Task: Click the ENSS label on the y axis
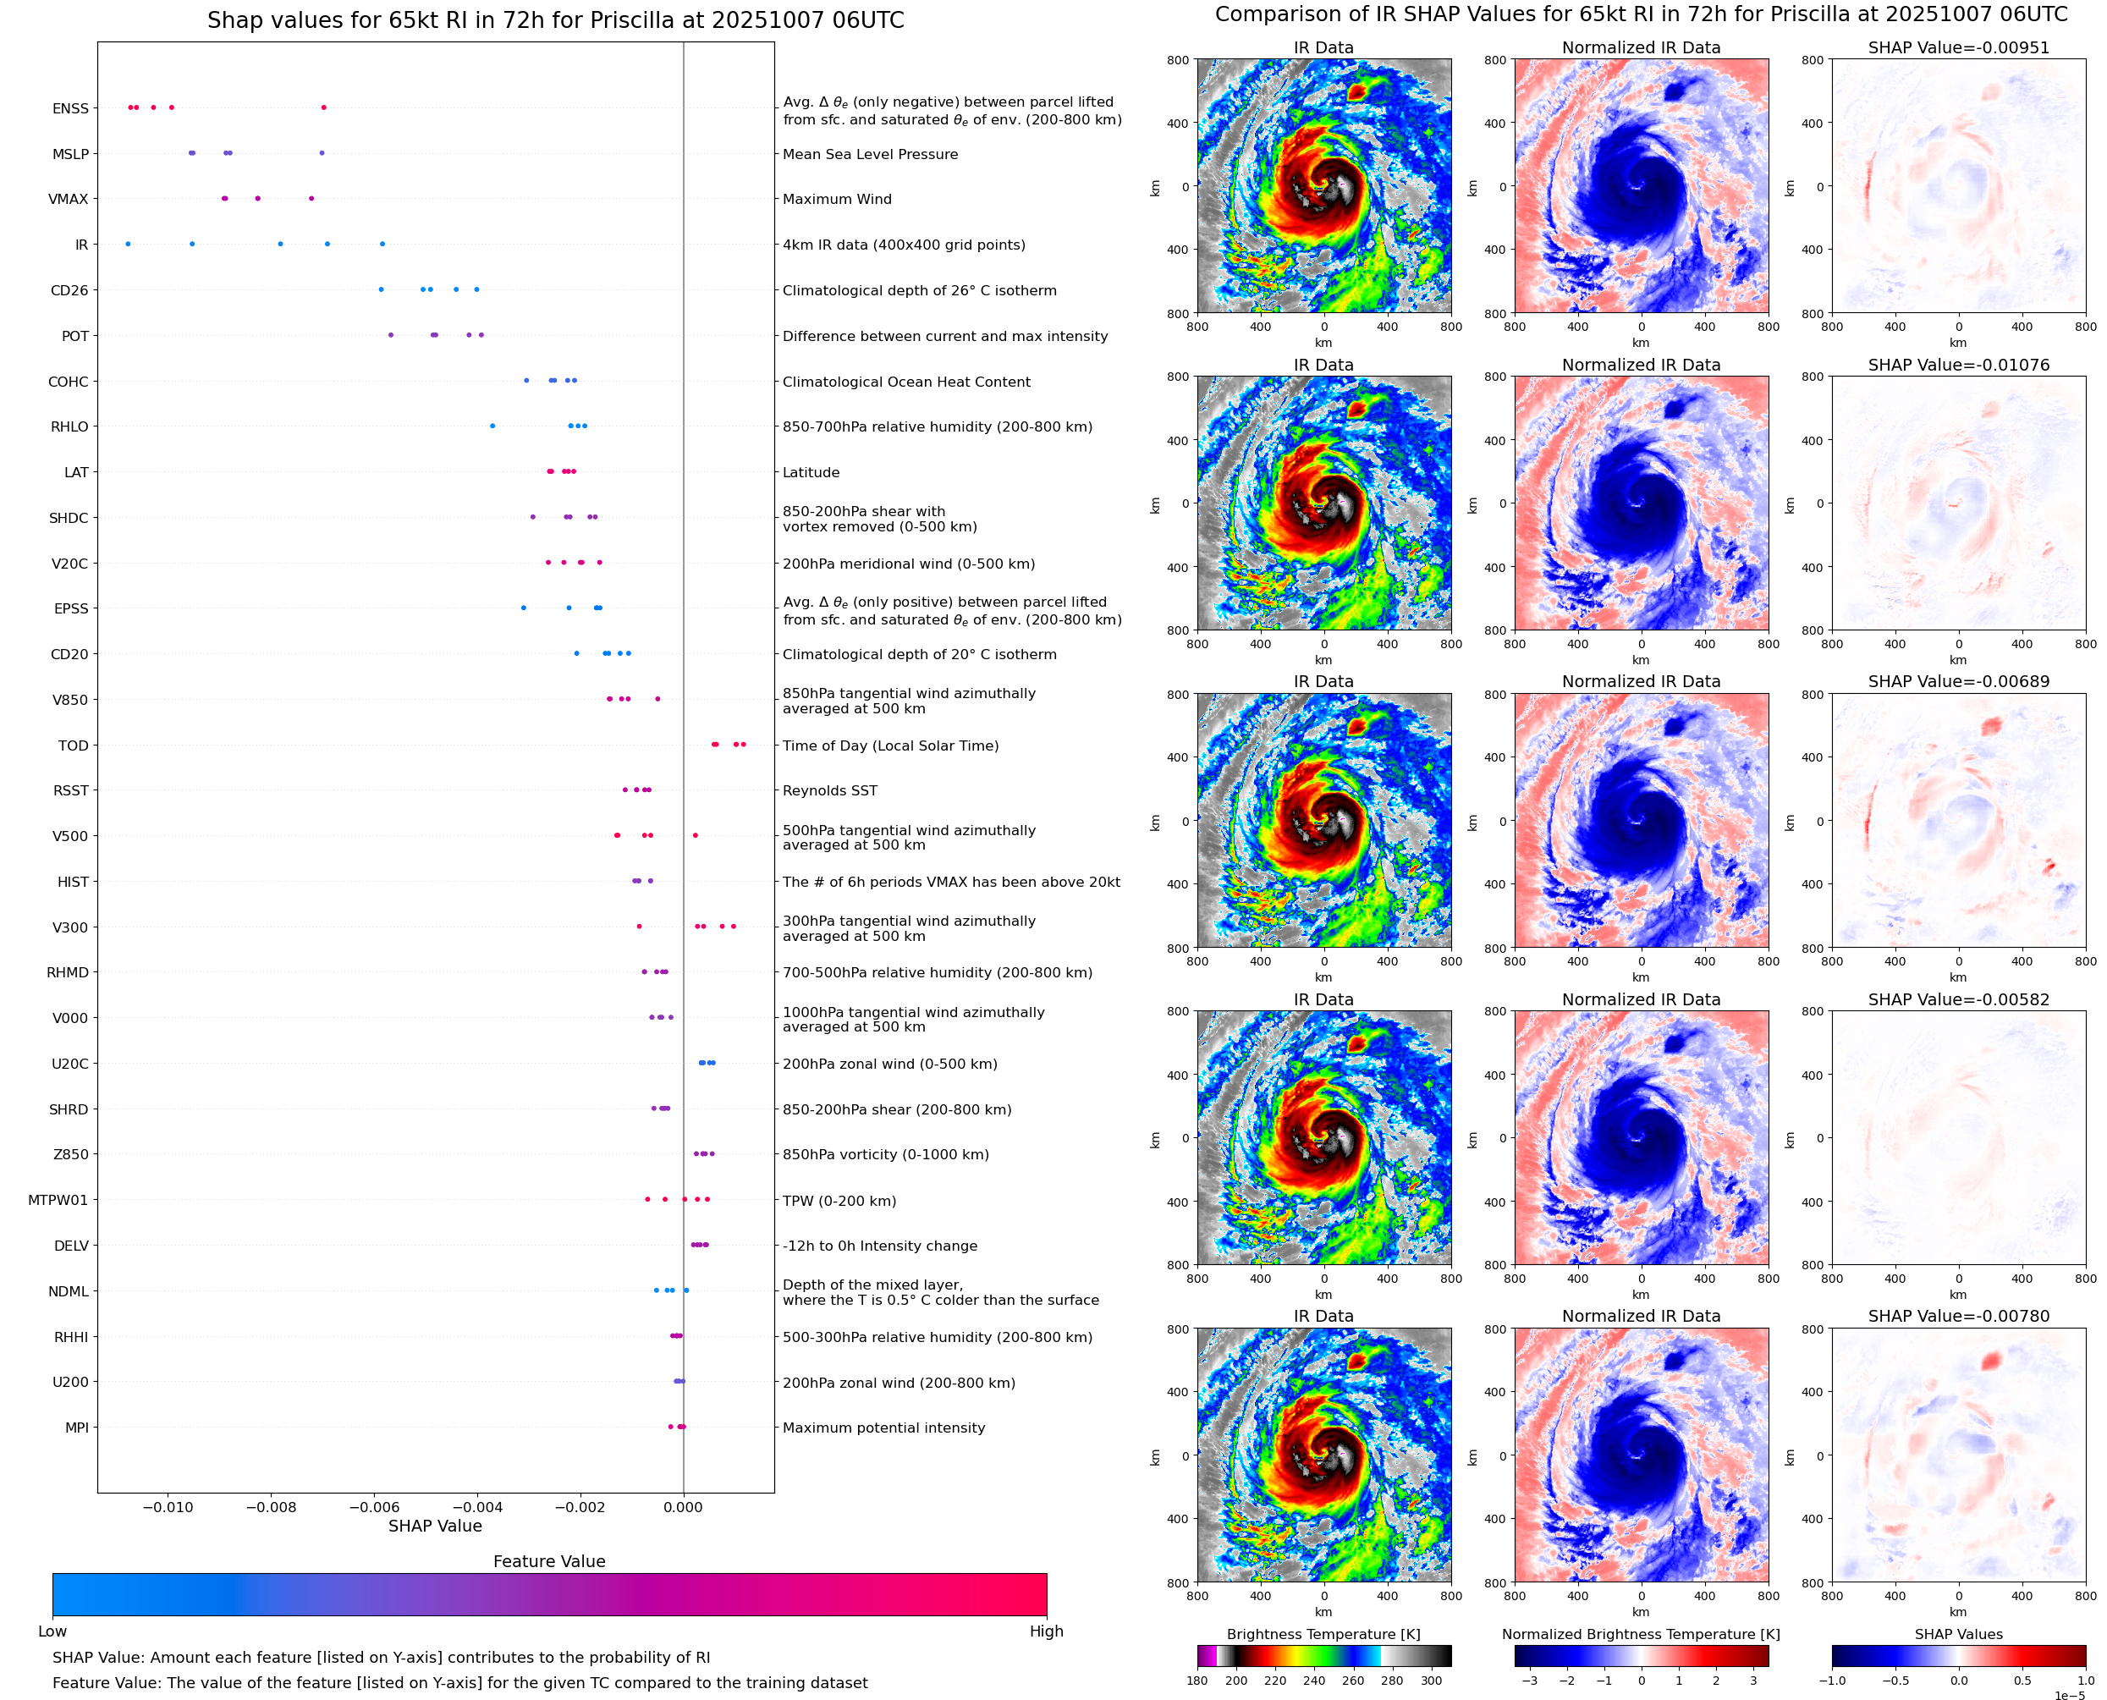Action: tap(70, 108)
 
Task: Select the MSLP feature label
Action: tap(70, 154)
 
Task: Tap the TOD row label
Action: tap(74, 745)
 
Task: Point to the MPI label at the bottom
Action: tap(77, 1428)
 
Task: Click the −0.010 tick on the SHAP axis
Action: tap(168, 1507)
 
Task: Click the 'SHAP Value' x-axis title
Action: tap(435, 1526)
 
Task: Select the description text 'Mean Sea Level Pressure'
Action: tap(869, 154)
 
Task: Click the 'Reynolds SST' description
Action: tap(829, 790)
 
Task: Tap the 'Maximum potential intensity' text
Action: tap(883, 1428)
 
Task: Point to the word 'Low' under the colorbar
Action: tap(52, 1631)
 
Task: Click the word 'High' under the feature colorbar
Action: tap(1046, 1631)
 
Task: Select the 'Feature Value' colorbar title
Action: tap(549, 1562)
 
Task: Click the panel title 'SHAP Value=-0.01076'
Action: tap(1958, 364)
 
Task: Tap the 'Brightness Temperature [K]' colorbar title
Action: tap(1323, 1634)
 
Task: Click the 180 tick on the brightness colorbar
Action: tap(1197, 1681)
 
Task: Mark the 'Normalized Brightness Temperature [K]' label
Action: tap(1641, 1634)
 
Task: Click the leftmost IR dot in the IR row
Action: tap(129, 244)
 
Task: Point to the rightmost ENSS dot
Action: tap(324, 107)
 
